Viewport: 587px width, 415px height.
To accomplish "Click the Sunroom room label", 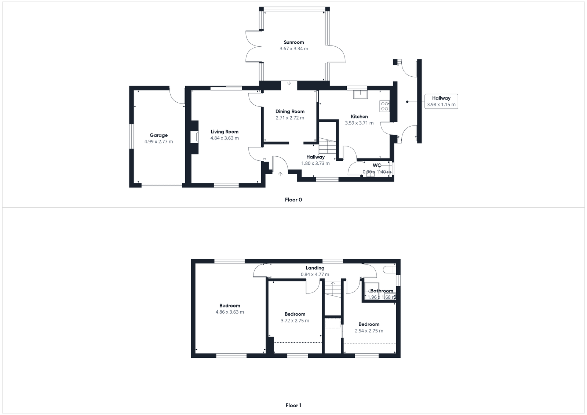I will tap(293, 42).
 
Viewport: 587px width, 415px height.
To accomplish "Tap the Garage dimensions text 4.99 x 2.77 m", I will tap(158, 142).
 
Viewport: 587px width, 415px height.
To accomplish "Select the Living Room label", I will tap(225, 132).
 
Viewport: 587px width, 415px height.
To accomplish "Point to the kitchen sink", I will tap(360, 94).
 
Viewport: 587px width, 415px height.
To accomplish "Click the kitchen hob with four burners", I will tap(384, 106).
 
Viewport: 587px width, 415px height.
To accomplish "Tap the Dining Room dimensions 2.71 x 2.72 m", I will tap(290, 118).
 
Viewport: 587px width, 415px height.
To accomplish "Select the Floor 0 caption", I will tap(293, 200).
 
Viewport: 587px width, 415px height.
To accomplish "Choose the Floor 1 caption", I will tap(293, 405).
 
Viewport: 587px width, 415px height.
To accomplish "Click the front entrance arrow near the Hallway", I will tap(280, 174).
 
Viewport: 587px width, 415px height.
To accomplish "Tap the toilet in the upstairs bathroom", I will tap(389, 270).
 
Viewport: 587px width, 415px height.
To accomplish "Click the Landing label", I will tap(315, 268).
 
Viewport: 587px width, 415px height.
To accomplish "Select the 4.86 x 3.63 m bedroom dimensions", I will tap(230, 312).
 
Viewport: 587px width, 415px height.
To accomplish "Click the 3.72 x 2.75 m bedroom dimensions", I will tap(295, 321).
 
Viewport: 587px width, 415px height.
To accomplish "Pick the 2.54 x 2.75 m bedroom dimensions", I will tap(369, 331).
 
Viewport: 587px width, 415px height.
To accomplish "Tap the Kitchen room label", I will tap(359, 117).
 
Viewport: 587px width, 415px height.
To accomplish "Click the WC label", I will tap(377, 165).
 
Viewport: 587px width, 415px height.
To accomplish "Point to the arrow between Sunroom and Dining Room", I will tap(289, 83).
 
